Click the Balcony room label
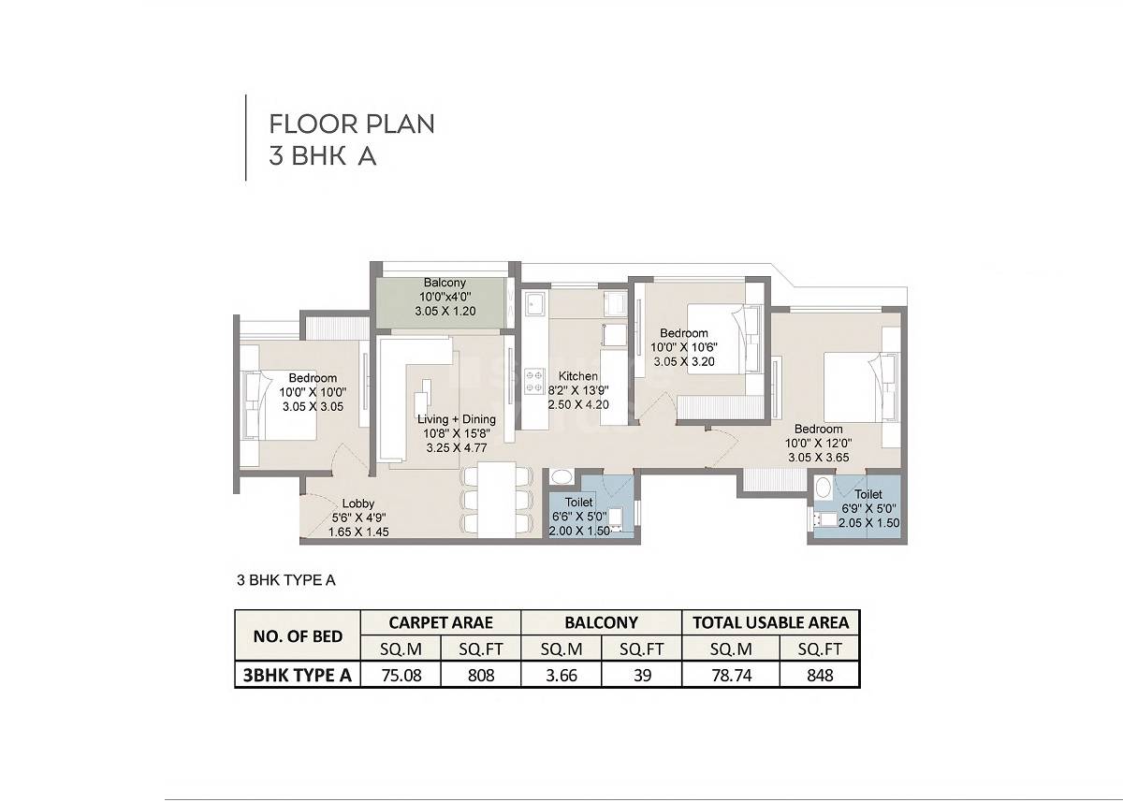(445, 283)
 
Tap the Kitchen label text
(573, 376)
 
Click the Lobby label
(358, 503)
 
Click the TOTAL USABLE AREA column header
(770, 622)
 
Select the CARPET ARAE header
(440, 622)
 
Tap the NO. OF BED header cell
(298, 636)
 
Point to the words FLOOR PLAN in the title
(352, 124)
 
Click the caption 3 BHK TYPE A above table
(285, 580)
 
